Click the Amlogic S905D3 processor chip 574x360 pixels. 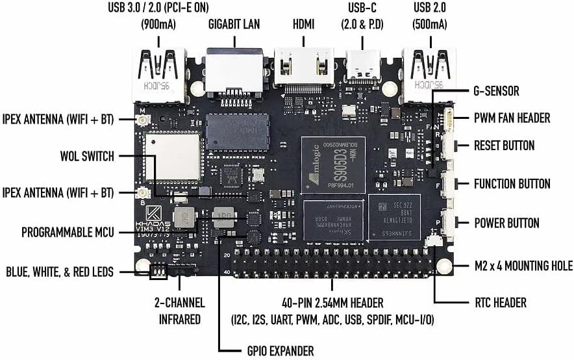click(333, 163)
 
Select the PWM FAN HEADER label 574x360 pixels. click(512, 118)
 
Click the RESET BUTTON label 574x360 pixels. click(504, 146)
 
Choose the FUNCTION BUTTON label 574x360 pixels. click(512, 184)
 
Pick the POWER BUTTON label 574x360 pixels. click(506, 223)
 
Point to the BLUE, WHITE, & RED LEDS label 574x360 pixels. click(60, 272)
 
